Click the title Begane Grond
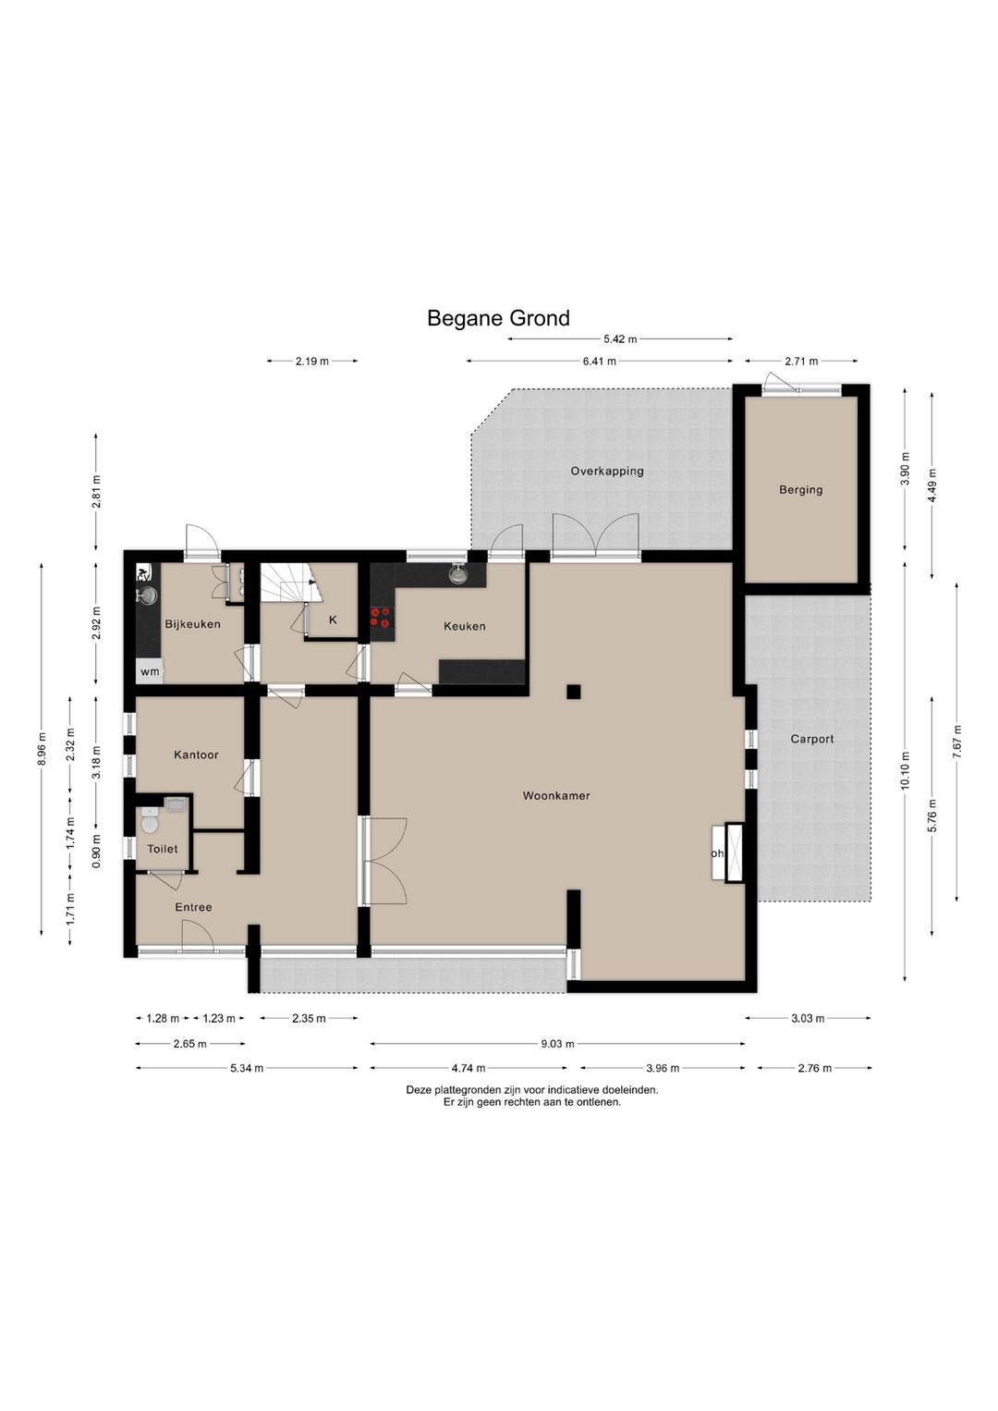pos(498,318)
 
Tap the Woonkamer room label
pos(556,795)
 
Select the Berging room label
pos(800,489)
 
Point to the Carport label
pos(811,739)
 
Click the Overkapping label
pos(607,471)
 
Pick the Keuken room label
pos(465,626)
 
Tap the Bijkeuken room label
pos(193,624)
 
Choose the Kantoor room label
pos(196,755)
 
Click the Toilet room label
pos(163,849)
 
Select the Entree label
pos(193,907)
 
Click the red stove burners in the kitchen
pos(380,618)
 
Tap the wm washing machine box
pos(150,671)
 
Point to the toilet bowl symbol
pos(150,821)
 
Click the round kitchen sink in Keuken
pos(457,574)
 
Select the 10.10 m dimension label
pos(906,769)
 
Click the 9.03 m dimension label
pos(558,1044)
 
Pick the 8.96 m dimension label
pos(42,748)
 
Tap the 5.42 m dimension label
pos(620,339)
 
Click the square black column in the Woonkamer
pos(573,692)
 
